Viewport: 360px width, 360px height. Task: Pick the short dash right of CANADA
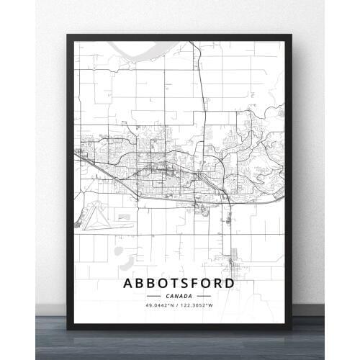[x=204, y=295]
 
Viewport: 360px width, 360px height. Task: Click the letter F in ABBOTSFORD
[x=186, y=283]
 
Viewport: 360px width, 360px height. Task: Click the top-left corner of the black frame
[x=68, y=32]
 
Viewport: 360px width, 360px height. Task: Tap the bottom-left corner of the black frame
[x=68, y=329]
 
